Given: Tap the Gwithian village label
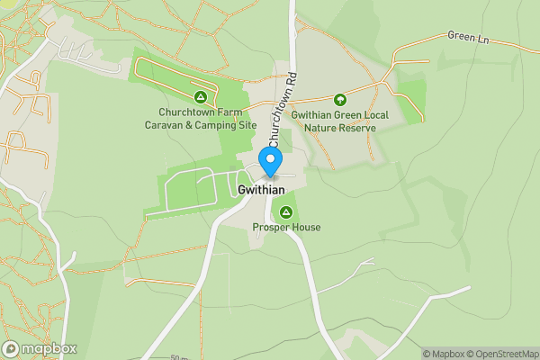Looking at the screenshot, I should [262, 190].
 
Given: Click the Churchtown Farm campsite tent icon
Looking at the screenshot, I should [201, 96].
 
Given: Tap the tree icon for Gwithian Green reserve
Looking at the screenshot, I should [340, 99].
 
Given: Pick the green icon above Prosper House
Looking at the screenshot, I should [286, 212].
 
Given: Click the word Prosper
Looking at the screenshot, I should [269, 227].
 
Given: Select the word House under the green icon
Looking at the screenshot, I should [304, 227].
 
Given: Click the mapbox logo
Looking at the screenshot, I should [40, 348].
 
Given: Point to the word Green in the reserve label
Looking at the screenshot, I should [351, 115].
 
